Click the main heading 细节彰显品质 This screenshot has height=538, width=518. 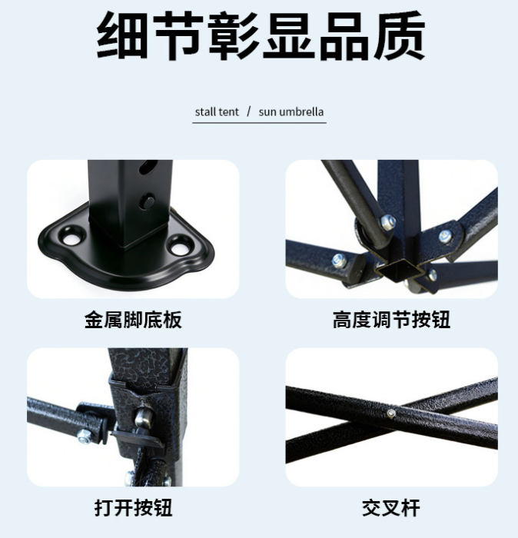pyautogui.click(x=261, y=35)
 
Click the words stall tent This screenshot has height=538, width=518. pyautogui.click(x=217, y=112)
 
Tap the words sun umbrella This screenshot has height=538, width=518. pyautogui.click(x=291, y=112)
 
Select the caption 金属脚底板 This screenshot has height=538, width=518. pyautogui.click(x=133, y=320)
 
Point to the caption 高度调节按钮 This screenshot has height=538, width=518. pyautogui.click(x=391, y=320)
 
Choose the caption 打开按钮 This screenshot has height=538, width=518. pyautogui.click(x=133, y=508)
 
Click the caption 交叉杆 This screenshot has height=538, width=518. pyautogui.click(x=391, y=508)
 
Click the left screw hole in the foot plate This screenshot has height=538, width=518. pyautogui.click(x=73, y=236)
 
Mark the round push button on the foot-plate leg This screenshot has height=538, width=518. pyautogui.click(x=148, y=200)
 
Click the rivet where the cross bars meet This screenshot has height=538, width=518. pyautogui.click(x=391, y=413)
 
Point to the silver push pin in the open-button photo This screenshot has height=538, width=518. pyautogui.click(x=142, y=417)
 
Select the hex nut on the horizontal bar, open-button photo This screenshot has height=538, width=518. pyautogui.click(x=83, y=437)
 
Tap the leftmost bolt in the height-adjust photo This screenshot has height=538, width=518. pyautogui.click(x=339, y=260)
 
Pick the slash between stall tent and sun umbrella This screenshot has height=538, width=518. pyautogui.click(x=249, y=112)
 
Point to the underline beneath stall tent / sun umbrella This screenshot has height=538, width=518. pyautogui.click(x=259, y=122)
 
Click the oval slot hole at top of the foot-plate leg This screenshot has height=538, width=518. pyautogui.click(x=148, y=167)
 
